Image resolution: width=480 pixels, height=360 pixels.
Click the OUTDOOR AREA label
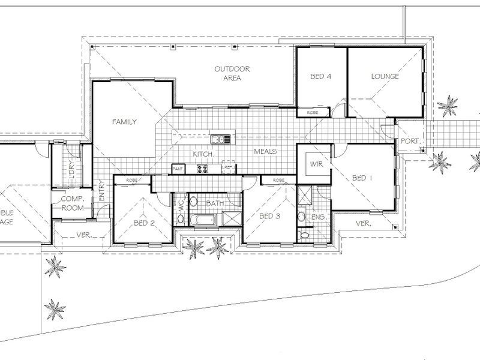point(232,74)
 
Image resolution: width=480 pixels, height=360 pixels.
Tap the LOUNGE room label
point(385,76)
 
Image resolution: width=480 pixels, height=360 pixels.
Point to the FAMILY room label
point(125,122)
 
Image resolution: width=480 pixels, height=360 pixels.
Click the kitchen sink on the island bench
point(220,140)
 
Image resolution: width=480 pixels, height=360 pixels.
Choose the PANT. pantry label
point(178,170)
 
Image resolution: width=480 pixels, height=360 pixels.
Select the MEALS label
point(265,152)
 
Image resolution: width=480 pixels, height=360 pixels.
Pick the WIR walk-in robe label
point(316,163)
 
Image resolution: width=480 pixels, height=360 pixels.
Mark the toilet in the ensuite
point(305,235)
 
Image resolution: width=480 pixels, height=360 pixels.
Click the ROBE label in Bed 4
point(313,112)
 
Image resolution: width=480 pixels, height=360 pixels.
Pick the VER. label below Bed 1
point(363,223)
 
